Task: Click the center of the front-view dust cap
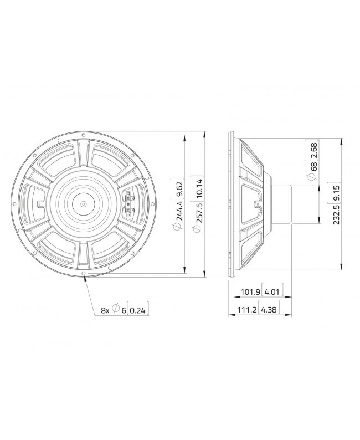click(x=83, y=204)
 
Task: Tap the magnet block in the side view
click(x=282, y=204)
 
